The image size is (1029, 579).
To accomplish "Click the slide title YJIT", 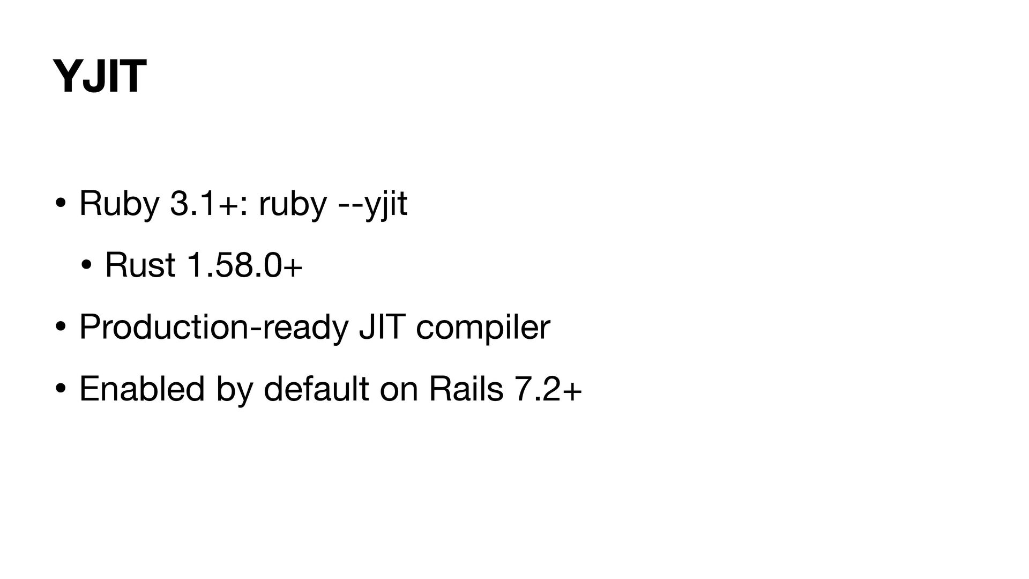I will point(99,76).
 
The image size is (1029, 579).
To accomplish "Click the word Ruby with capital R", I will point(118,204).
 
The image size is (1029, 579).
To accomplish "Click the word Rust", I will point(140,265).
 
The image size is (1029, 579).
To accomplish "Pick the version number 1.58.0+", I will point(244,265).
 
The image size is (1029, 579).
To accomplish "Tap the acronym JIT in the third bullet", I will point(381,326).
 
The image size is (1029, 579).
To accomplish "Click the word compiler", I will point(483,326).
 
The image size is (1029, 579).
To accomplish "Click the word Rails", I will point(466,388).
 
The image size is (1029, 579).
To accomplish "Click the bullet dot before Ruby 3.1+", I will point(60,204).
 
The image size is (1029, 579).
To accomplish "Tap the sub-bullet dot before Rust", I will point(86,265).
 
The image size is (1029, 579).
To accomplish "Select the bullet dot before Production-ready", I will point(60,326).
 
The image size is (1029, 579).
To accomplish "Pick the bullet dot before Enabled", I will point(60,388).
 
